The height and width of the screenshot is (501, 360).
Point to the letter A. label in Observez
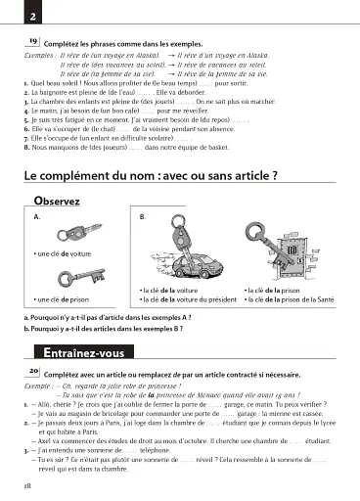point(36,216)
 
